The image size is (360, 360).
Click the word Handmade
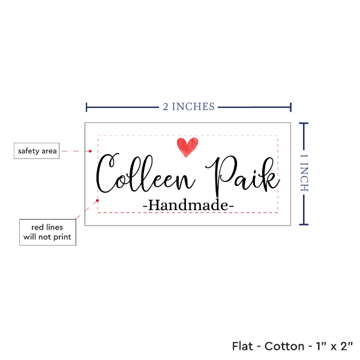tap(188, 205)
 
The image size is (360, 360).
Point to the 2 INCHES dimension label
tap(188, 107)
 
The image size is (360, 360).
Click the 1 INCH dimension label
tap(304, 172)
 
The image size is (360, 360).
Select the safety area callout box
tap(37, 151)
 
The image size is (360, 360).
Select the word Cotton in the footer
tap(285, 346)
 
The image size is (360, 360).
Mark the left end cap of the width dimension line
tap(87, 107)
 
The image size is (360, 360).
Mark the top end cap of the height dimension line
tap(304, 124)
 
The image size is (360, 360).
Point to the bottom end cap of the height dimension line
tap(304, 225)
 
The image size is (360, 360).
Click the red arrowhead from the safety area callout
tap(94, 151)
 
